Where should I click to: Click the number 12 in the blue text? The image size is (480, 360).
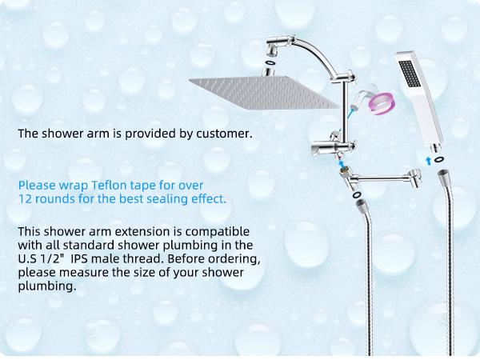[x=25, y=198]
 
